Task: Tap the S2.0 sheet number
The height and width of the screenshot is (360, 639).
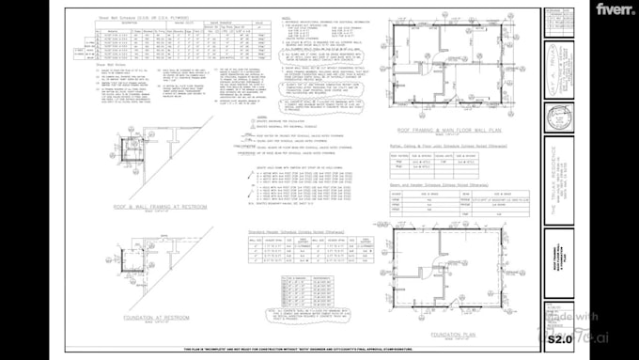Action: click(x=560, y=338)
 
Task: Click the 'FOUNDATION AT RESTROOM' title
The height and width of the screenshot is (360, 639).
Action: click(x=154, y=318)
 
